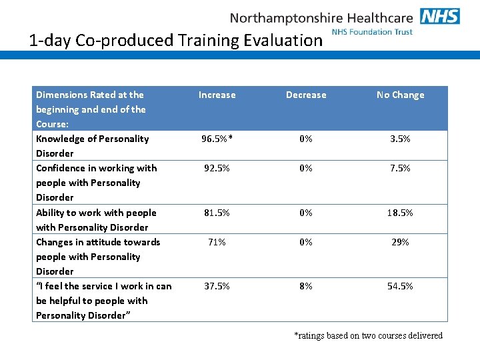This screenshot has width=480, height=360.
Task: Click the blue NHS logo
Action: tap(440, 16)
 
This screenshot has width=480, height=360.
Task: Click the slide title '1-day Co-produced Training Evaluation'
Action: tap(176, 40)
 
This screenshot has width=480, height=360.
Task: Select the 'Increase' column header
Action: tap(217, 95)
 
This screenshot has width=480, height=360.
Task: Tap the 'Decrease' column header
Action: tap(306, 95)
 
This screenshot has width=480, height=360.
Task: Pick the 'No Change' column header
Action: tap(400, 95)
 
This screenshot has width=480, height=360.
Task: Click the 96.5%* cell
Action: tap(217, 139)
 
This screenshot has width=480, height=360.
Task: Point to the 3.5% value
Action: tap(400, 139)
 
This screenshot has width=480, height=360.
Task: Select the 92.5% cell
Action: tap(217, 168)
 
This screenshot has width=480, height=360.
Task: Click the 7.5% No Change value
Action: tap(400, 168)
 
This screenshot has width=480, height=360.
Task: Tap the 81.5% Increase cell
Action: tap(217, 213)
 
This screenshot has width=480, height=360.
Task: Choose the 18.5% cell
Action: tap(400, 213)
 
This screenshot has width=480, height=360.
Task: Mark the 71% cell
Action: tap(217, 242)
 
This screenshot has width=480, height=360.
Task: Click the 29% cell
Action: tap(400, 242)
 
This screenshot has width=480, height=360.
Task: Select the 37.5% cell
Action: tap(217, 286)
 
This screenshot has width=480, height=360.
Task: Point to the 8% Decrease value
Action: tap(306, 286)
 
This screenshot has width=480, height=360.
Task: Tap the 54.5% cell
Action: tap(400, 286)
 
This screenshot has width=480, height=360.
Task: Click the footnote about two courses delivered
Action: tap(368, 335)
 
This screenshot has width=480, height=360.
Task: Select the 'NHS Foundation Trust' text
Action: tap(372, 31)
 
